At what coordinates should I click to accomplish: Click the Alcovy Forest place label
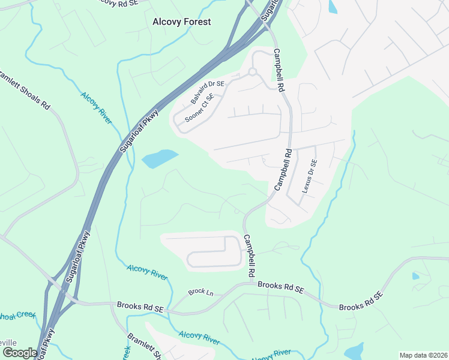(x=181, y=22)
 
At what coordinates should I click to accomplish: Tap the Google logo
(x=19, y=353)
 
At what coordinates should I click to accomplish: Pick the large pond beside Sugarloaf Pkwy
(x=160, y=158)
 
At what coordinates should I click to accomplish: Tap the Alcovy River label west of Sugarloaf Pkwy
(x=96, y=108)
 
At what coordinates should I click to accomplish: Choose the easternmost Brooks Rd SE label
(x=360, y=301)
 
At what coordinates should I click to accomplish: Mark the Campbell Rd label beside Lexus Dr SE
(x=282, y=170)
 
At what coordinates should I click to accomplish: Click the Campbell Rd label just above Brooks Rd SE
(x=251, y=256)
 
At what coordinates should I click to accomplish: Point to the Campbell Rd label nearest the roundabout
(x=278, y=70)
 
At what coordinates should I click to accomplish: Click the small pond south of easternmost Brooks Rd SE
(x=354, y=350)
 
